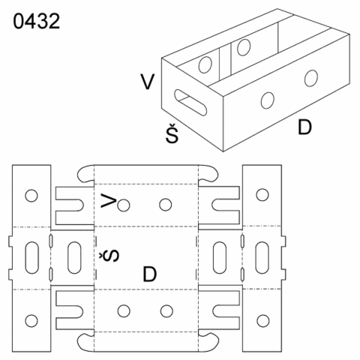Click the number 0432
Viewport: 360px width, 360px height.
tap(37, 21)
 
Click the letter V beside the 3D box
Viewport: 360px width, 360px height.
tap(148, 82)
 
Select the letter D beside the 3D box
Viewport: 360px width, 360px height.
tap(304, 127)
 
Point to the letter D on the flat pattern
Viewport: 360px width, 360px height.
tap(149, 274)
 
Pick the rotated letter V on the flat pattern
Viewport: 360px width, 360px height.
tap(109, 200)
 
